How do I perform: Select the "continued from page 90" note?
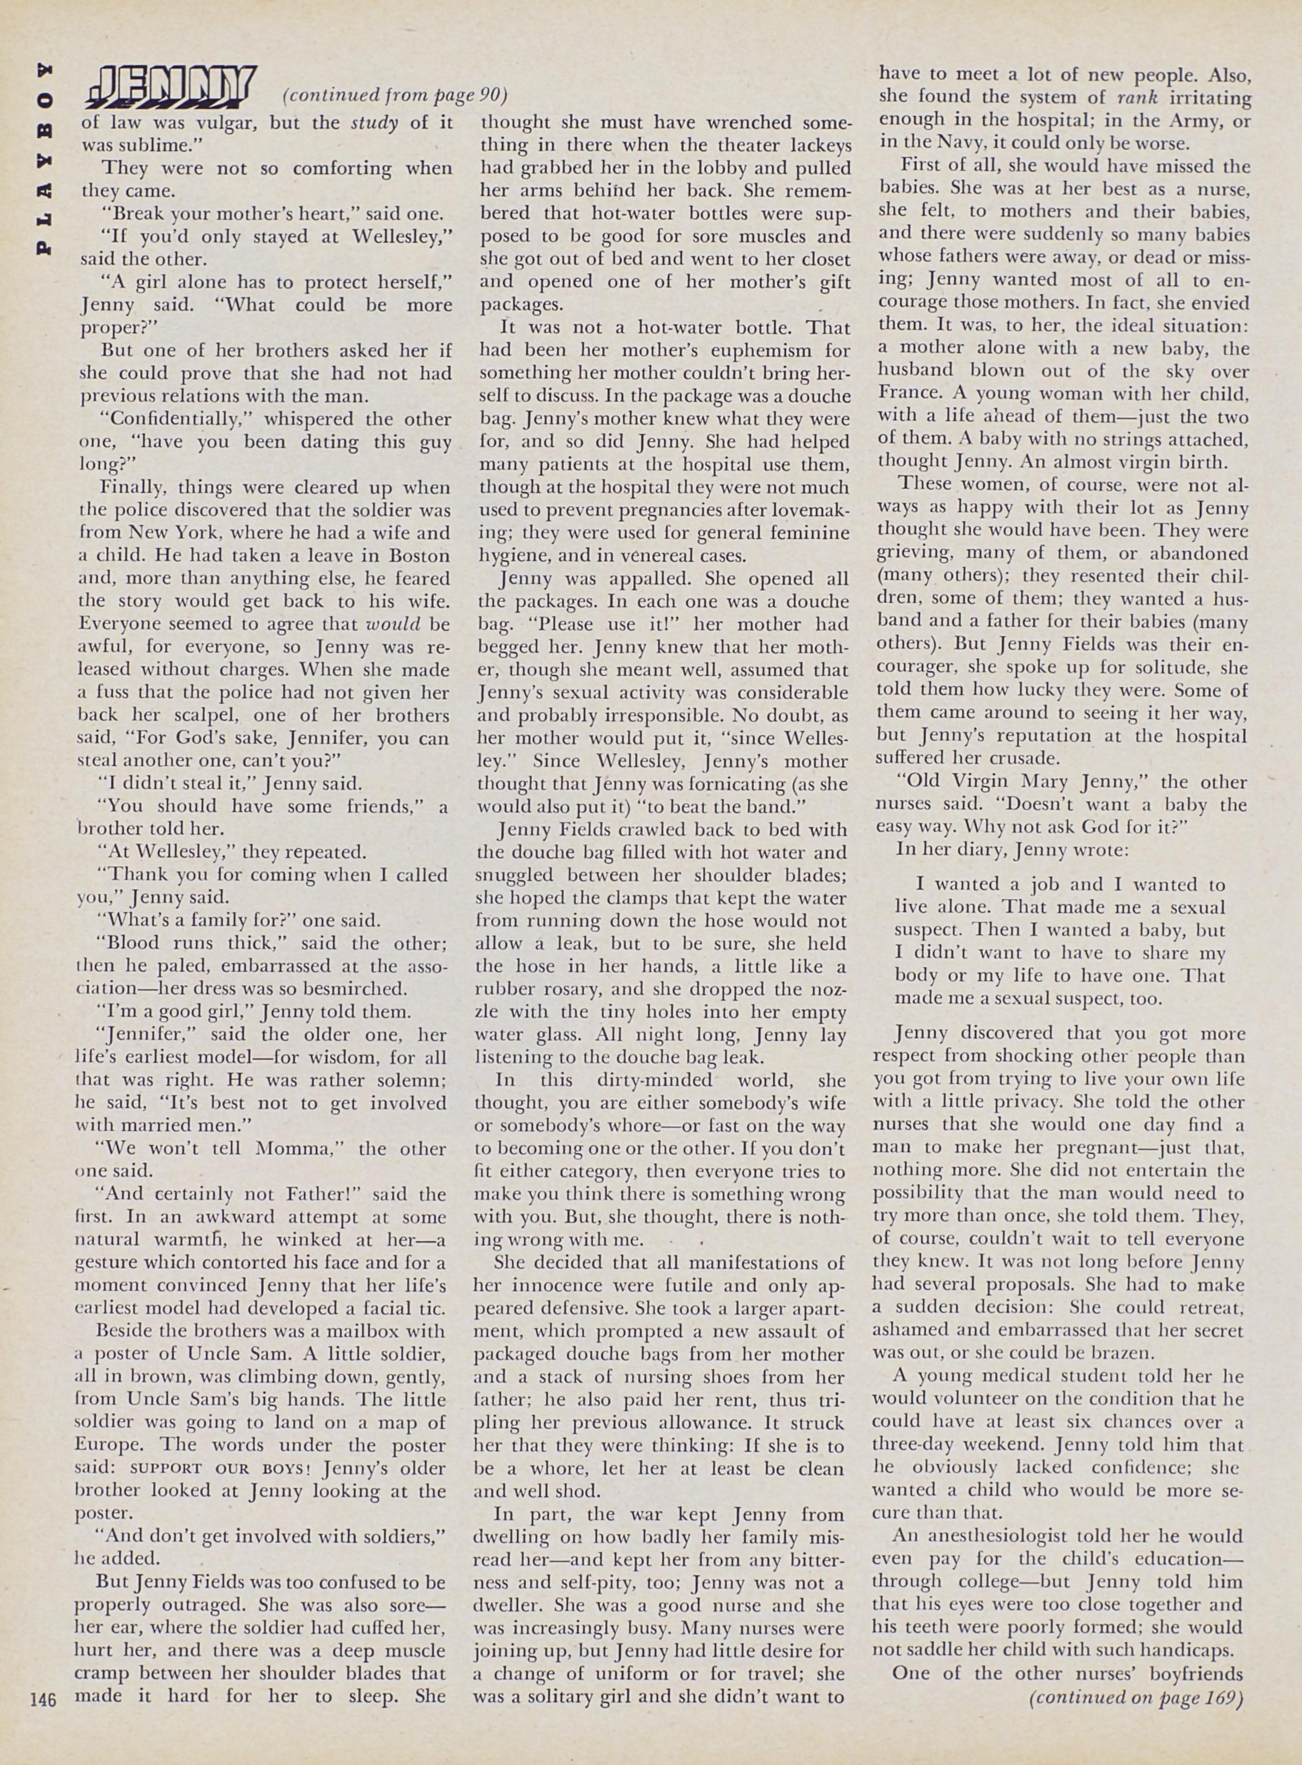point(394,95)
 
